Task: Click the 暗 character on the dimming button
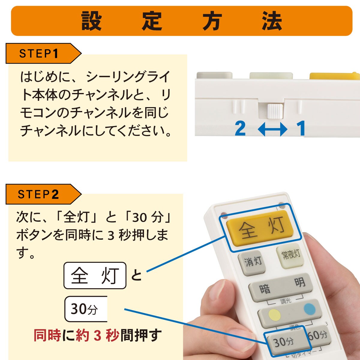(265, 289)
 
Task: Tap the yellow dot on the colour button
(274, 315)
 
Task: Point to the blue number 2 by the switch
(240, 128)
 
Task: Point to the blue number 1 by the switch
(301, 128)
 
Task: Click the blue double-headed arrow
(272, 129)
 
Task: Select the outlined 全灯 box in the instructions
(95, 275)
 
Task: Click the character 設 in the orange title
(91, 21)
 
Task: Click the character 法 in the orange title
(272, 21)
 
